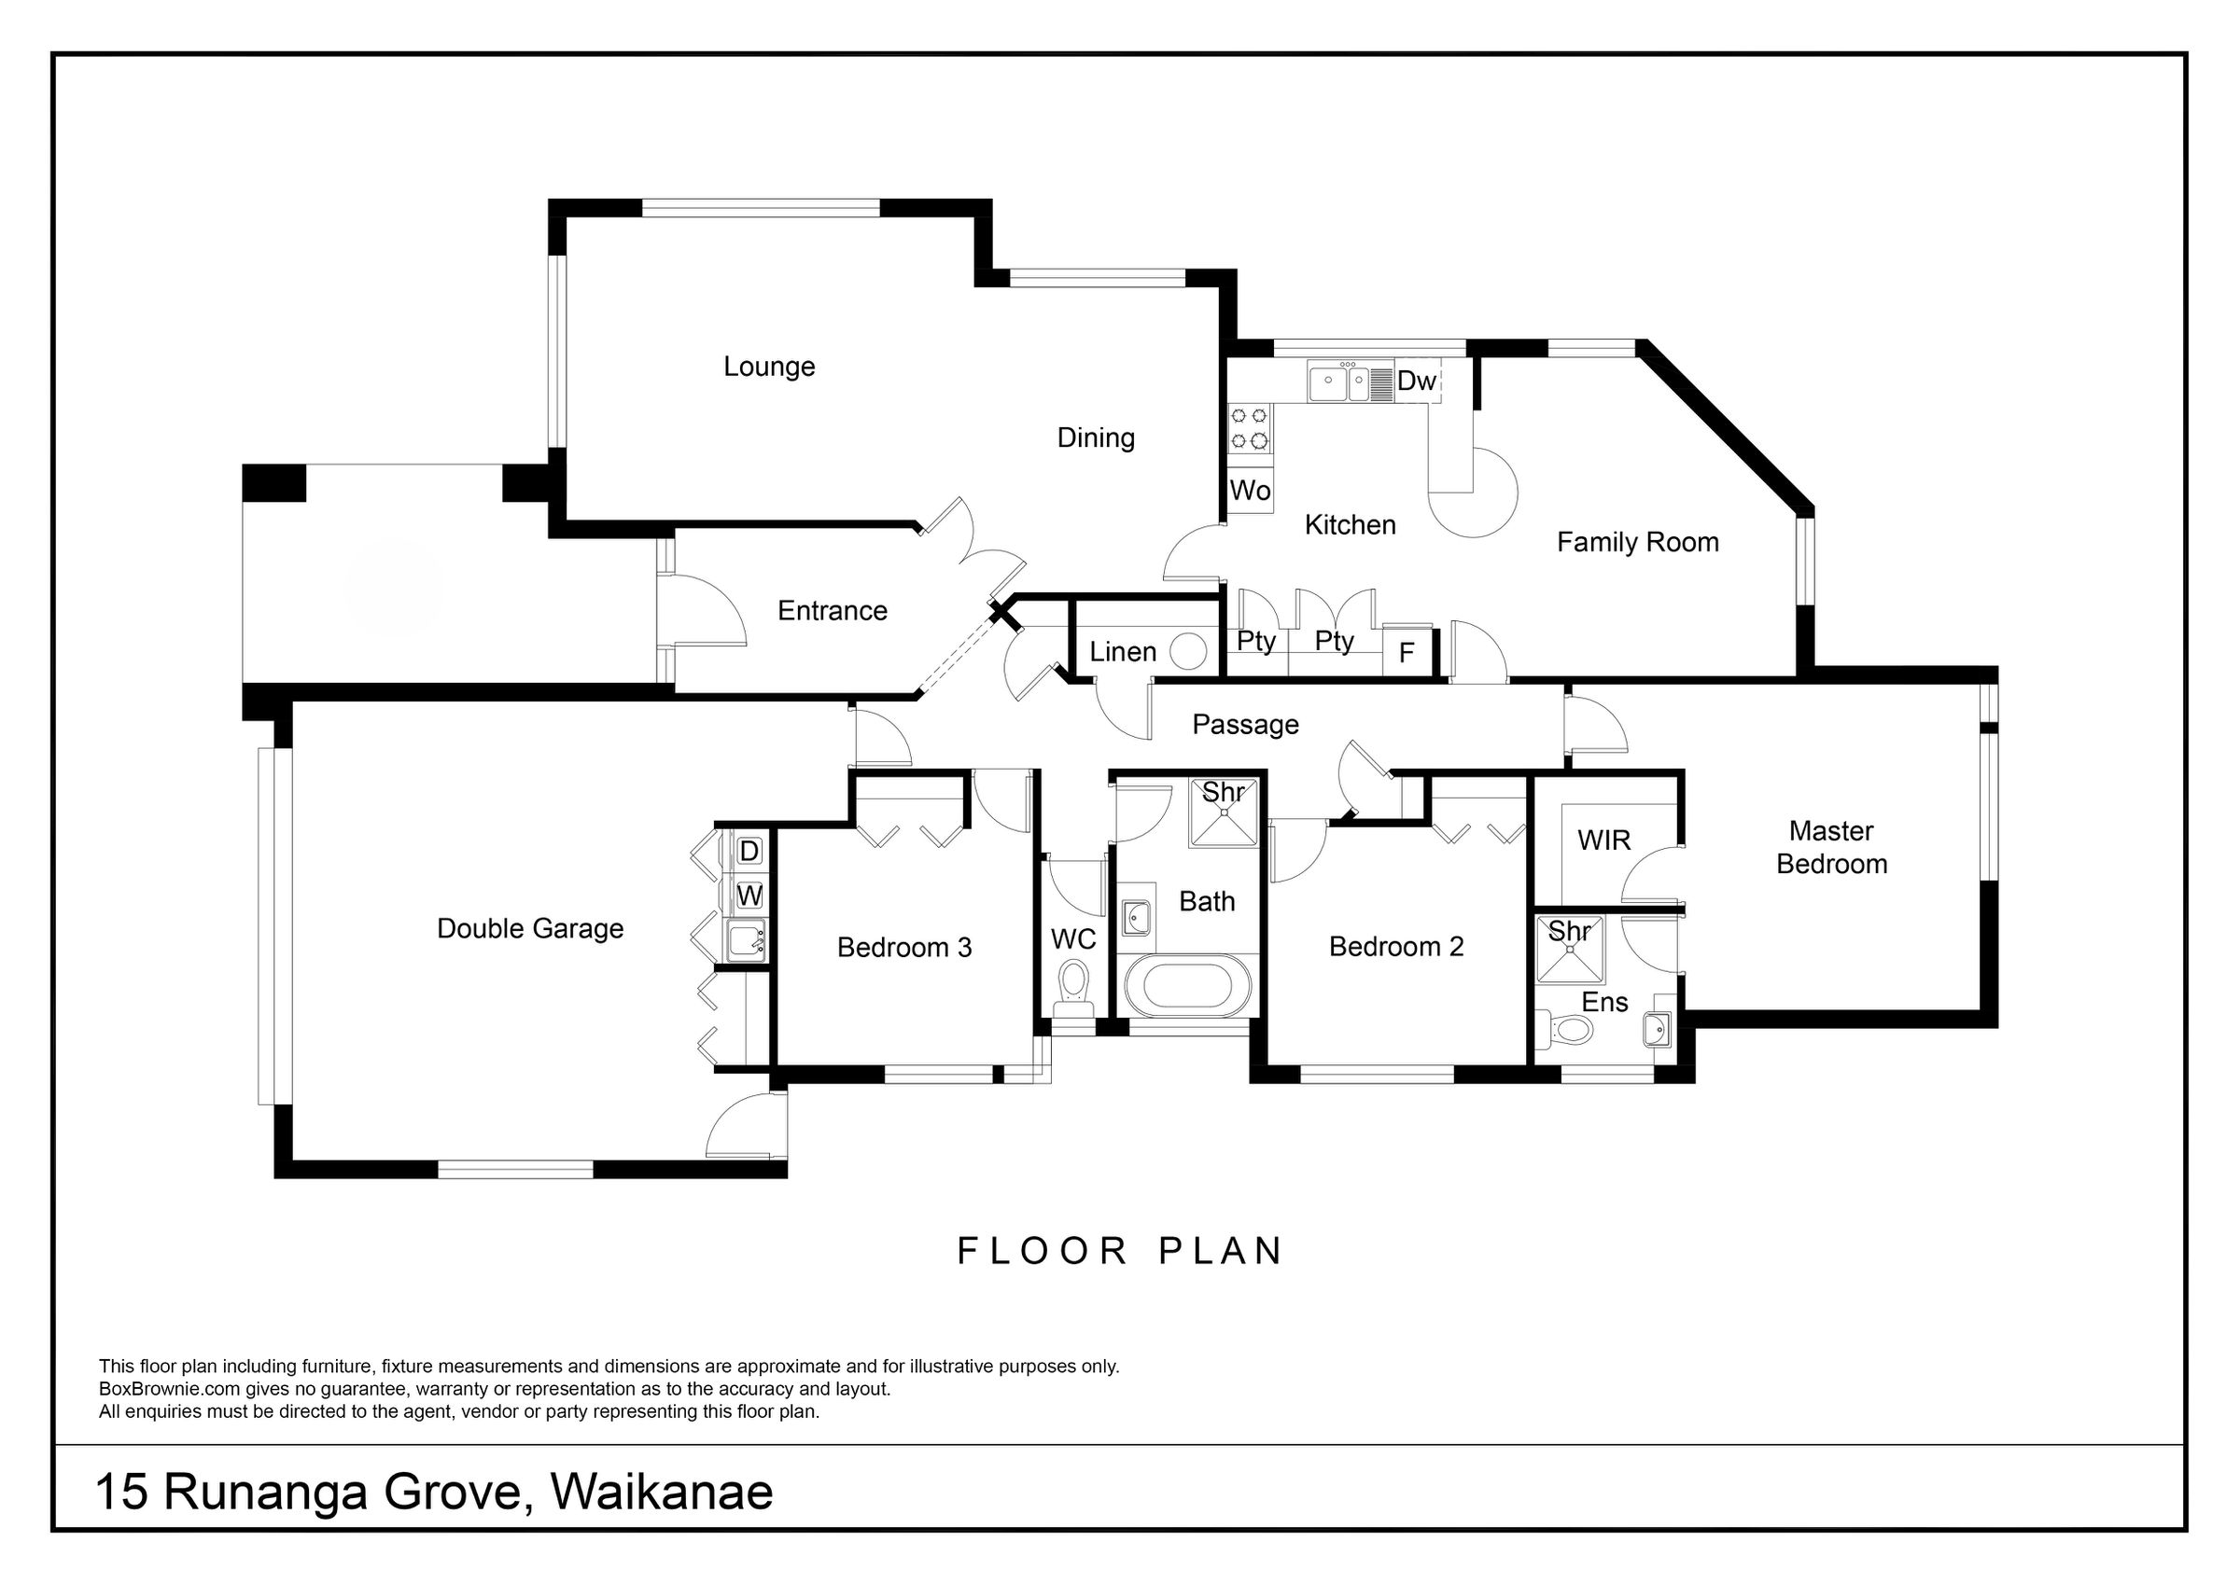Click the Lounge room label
point(769,367)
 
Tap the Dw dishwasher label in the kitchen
point(1417,381)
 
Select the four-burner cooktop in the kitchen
point(1250,428)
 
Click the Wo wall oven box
point(1250,491)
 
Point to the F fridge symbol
point(1406,651)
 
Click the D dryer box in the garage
point(749,851)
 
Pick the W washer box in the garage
point(749,895)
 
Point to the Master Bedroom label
point(1831,847)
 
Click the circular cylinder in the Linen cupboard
point(1187,651)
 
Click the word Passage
point(1246,725)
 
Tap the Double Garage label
point(530,928)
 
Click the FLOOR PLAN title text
point(1120,1251)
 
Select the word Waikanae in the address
point(662,1492)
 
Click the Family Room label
point(1637,542)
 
